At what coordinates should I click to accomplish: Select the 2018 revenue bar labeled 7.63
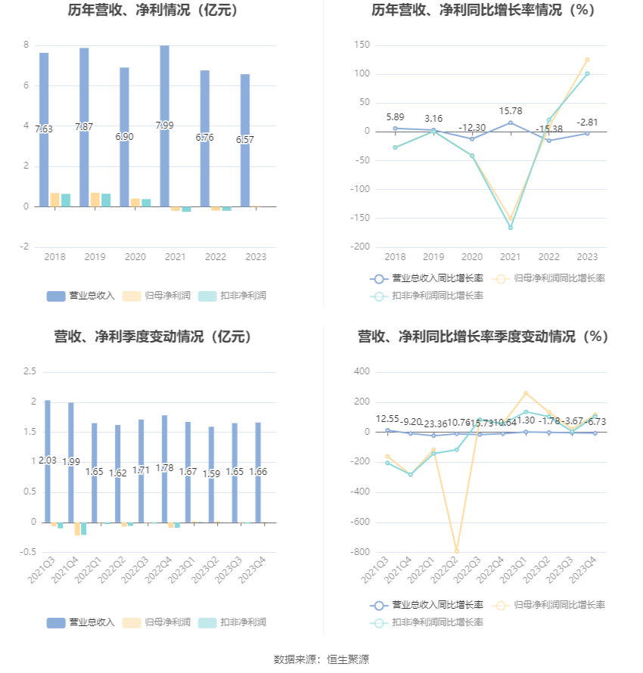click(x=44, y=129)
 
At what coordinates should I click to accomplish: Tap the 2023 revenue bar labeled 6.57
click(x=245, y=140)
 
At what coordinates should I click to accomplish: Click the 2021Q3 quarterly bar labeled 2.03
click(x=48, y=461)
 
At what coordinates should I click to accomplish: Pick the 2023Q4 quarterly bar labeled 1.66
click(x=258, y=472)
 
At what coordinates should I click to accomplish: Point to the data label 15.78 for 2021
click(x=511, y=111)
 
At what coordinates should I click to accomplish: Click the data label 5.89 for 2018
click(x=395, y=116)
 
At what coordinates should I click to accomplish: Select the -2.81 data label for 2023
click(x=588, y=122)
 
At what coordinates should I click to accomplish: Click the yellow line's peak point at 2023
click(x=587, y=59)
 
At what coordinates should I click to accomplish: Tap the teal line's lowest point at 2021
click(x=511, y=228)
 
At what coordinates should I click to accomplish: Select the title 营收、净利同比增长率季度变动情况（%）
click(x=483, y=336)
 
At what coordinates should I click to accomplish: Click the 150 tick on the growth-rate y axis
click(x=362, y=45)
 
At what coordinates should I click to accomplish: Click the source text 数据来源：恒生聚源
click(x=321, y=659)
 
